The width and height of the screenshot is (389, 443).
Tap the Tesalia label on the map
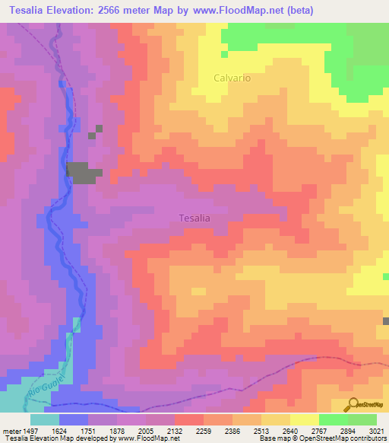(194, 218)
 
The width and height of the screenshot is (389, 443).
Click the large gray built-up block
(82, 173)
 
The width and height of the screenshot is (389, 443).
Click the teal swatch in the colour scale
(44, 419)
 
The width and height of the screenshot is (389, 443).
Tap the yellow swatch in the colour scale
(304, 419)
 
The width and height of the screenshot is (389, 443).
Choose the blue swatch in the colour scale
(74, 419)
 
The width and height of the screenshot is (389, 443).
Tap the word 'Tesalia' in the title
(31, 11)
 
